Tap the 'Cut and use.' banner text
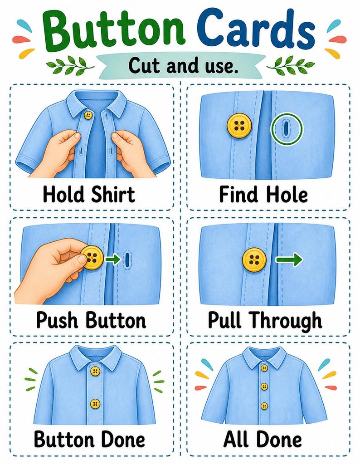(184, 65)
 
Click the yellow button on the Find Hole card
(239, 126)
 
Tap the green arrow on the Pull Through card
(289, 260)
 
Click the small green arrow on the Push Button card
(113, 259)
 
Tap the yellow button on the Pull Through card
(254, 259)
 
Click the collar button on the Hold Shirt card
(88, 115)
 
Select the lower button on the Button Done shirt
(95, 404)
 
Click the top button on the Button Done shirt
(95, 371)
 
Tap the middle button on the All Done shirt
(264, 387)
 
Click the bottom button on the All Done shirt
(264, 406)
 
